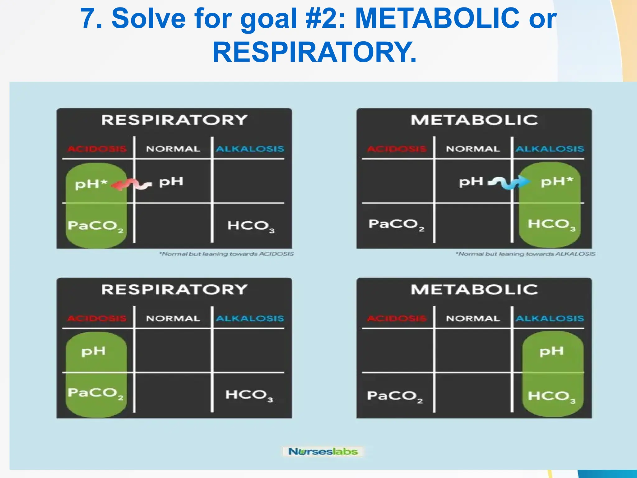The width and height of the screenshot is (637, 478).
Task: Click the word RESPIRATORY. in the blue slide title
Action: pos(314,52)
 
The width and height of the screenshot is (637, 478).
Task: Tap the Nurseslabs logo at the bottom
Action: pos(323,451)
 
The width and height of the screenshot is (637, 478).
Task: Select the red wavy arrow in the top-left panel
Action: pos(131,185)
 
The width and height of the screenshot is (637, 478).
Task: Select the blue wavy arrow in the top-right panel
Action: pos(509,183)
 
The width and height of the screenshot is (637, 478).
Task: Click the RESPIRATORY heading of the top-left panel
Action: pos(174,120)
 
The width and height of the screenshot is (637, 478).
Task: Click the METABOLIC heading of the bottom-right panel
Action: pos(474,290)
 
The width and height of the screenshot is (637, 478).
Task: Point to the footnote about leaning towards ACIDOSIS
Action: pos(226,254)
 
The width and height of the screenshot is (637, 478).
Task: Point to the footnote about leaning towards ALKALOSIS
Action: pos(525,254)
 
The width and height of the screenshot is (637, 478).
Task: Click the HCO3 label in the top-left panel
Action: pos(251,226)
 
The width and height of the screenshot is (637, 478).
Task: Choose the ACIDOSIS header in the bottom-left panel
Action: pos(97,318)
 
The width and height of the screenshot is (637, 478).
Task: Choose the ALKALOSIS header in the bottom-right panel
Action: pos(550,318)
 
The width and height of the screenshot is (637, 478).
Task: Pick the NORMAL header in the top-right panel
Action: pos(472,149)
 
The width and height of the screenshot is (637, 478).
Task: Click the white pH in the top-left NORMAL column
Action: pos(171,182)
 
